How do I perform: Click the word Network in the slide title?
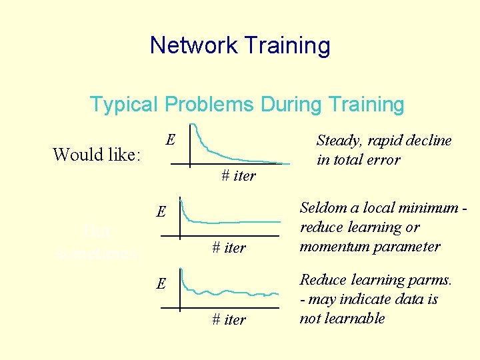tap(194, 45)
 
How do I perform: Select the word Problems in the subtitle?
tap(209, 105)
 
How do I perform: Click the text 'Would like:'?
tap(97, 155)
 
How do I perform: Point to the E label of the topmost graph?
tap(171, 140)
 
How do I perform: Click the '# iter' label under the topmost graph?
tap(238, 176)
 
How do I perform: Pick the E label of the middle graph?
tap(161, 212)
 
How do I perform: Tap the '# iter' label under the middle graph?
tap(229, 247)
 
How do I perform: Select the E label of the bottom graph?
tap(161, 283)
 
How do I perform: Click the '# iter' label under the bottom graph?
tap(229, 319)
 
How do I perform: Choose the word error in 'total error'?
tap(382, 160)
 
